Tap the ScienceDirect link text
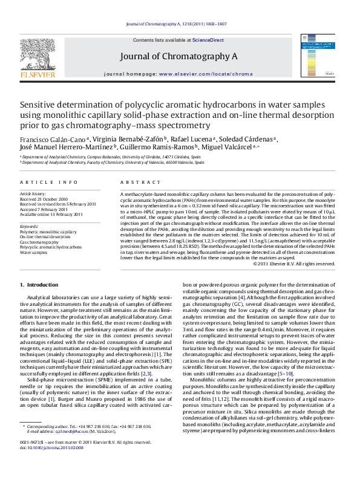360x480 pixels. click(207, 39)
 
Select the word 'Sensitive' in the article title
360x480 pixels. click(41, 104)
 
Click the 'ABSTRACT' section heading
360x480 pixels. click(134, 182)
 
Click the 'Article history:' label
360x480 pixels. click(33, 192)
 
